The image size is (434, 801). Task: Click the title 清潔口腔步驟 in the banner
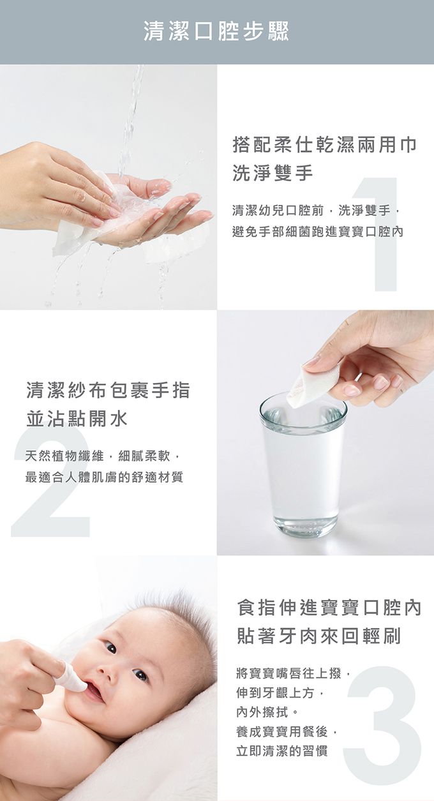(216, 31)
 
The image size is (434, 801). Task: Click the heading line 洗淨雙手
(273, 173)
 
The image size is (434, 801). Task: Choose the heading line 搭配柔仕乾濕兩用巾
(325, 145)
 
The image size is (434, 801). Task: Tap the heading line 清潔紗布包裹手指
(108, 390)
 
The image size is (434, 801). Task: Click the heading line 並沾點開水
(77, 418)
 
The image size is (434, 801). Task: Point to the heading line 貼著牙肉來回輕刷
(319, 637)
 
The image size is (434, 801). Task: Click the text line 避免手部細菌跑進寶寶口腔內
(318, 232)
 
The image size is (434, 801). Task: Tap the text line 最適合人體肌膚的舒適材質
(104, 477)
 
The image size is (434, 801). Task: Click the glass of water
(303, 464)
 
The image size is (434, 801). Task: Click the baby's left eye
(140, 675)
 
